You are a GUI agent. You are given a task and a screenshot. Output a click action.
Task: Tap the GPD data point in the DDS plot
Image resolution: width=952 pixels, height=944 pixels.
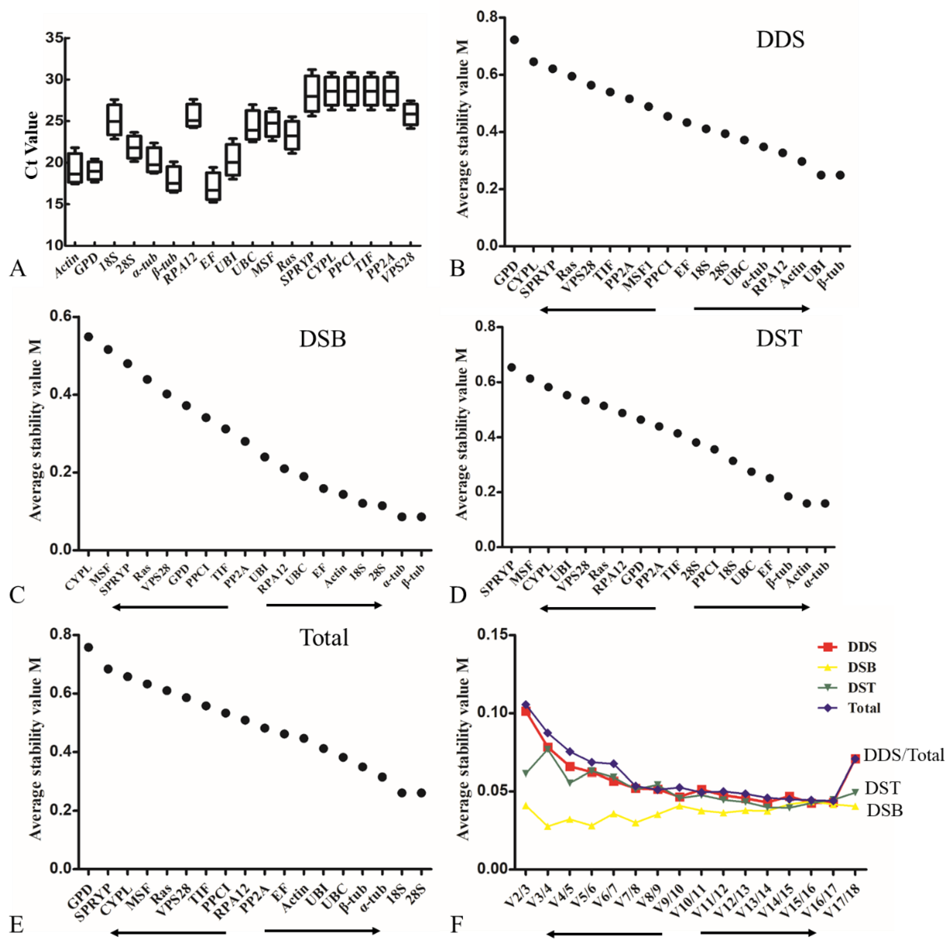(514, 40)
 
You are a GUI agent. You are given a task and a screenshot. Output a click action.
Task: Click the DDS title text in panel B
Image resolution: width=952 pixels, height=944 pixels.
(780, 39)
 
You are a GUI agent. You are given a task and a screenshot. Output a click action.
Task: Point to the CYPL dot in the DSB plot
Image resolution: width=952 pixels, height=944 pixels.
(88, 337)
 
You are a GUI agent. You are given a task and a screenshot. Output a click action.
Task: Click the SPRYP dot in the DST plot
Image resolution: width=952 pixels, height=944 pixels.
(511, 367)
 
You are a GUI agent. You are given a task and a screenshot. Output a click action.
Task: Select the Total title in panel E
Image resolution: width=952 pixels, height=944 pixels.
(324, 638)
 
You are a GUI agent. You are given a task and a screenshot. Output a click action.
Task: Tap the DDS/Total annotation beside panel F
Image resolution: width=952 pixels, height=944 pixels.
(904, 755)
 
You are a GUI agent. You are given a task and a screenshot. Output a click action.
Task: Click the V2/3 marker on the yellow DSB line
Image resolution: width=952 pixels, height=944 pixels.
(526, 806)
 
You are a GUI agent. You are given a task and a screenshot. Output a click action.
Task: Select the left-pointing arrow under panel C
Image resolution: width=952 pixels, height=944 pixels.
(170, 607)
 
